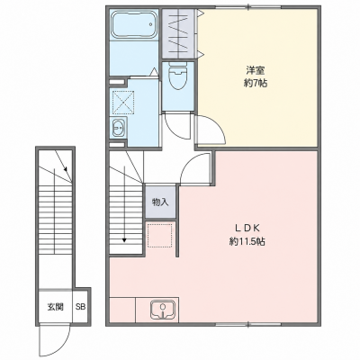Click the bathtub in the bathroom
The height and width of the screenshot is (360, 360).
pyautogui.click(x=134, y=25)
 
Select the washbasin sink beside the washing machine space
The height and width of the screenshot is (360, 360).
pyautogui.click(x=118, y=129)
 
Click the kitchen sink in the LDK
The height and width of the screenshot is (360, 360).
pyautogui.click(x=162, y=309)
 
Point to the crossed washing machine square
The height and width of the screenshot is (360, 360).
pyautogui.click(x=123, y=102)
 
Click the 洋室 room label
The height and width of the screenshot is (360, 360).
pyautogui.click(x=255, y=71)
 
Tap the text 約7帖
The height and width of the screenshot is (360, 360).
pyautogui.click(x=255, y=84)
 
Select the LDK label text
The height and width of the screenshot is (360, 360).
pyautogui.click(x=247, y=229)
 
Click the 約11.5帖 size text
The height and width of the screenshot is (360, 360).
pyautogui.click(x=247, y=241)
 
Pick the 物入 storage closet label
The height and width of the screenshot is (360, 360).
pyautogui.click(x=160, y=202)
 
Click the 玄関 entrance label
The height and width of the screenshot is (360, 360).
pyautogui.click(x=55, y=307)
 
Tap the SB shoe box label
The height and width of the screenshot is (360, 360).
pyautogui.click(x=80, y=307)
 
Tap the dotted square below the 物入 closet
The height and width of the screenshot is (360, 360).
pyautogui.click(x=160, y=235)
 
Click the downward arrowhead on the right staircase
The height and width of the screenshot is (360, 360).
pyautogui.click(x=124, y=239)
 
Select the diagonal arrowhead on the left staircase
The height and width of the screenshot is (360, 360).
pyautogui.click(x=66, y=170)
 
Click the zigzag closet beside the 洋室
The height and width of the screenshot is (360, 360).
pyautogui.click(x=179, y=33)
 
